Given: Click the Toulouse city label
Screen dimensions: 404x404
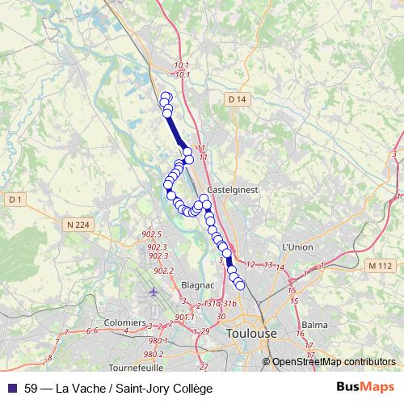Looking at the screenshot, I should [251, 333].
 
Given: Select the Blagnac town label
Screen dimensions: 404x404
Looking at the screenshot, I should [197, 285].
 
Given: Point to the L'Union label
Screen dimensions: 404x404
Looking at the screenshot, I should [297, 246].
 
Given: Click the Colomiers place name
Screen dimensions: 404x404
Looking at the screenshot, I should [124, 322].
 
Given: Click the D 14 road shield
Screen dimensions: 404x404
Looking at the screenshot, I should [235, 99].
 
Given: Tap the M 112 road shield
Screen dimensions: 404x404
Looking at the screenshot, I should [378, 265].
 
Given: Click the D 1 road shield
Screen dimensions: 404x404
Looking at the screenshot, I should [15, 199].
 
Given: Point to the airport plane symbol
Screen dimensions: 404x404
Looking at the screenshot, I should [154, 291].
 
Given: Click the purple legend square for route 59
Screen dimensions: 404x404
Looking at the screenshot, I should [12, 389].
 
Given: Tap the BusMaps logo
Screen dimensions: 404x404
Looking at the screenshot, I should [366, 388].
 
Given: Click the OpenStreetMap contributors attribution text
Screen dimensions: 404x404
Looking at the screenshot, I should [334, 362].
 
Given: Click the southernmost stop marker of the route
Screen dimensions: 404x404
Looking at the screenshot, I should [239, 285].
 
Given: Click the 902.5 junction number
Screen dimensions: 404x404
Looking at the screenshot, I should [150, 234].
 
